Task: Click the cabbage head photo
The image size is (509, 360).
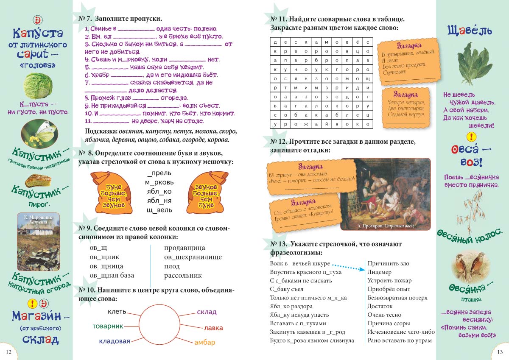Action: (x=37, y=86)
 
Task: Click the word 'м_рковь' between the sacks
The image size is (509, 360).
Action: (x=159, y=182)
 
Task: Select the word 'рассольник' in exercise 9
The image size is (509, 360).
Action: (x=183, y=275)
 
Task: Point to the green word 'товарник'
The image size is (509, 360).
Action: (x=108, y=326)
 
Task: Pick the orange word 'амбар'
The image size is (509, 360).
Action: (x=205, y=342)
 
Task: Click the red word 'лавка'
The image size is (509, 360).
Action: (x=213, y=328)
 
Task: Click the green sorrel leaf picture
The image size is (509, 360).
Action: (x=472, y=63)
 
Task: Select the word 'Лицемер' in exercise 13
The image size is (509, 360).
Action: (x=379, y=272)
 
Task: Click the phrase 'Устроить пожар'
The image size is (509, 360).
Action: (x=389, y=280)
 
